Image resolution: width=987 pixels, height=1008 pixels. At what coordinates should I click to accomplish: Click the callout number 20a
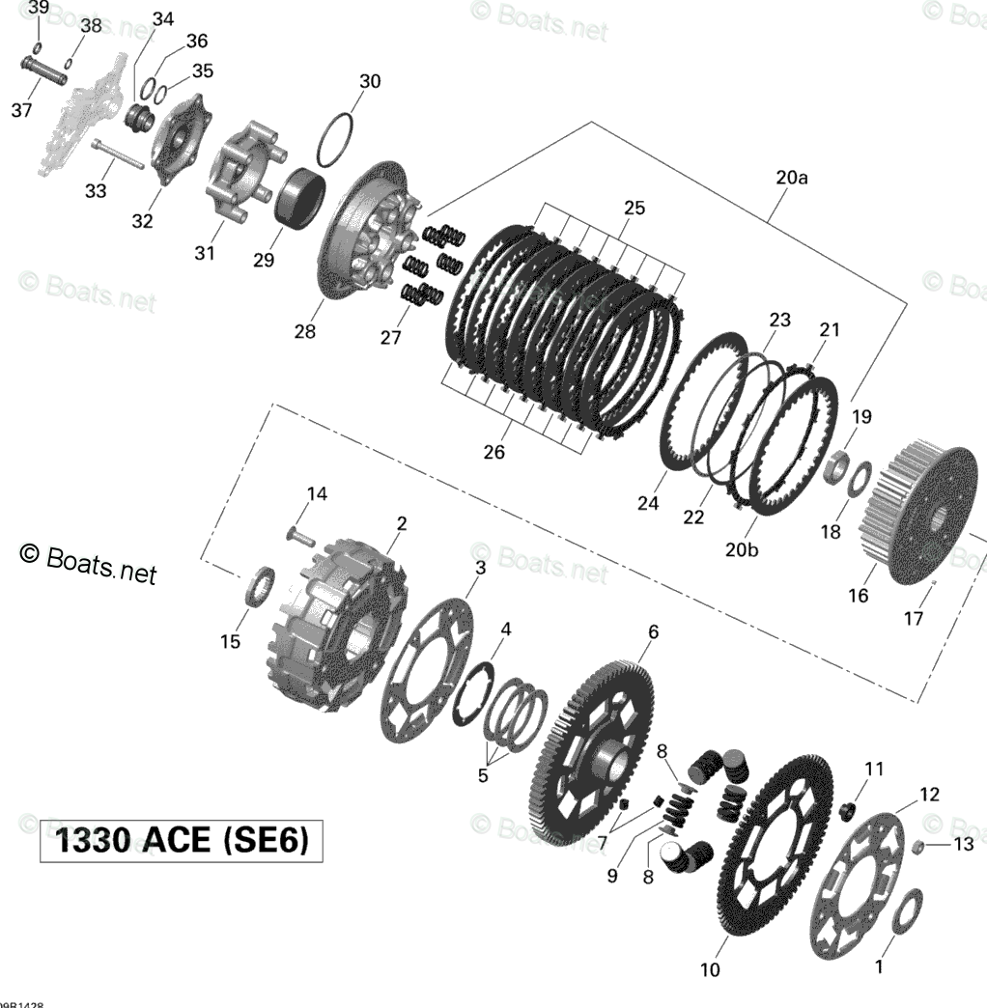[791, 178]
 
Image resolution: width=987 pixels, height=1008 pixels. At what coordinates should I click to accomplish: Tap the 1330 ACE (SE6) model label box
[181, 841]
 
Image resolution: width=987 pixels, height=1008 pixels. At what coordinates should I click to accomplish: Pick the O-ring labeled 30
[334, 140]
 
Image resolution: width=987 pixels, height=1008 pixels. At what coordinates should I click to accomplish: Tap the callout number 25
[634, 208]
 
